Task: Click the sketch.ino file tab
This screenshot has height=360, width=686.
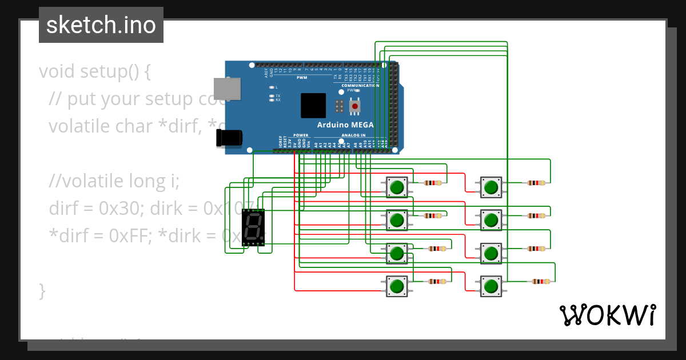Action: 101,25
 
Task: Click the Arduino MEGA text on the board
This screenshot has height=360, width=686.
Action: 345,125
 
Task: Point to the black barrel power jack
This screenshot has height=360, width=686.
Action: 229,138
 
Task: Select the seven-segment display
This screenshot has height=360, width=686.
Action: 253,227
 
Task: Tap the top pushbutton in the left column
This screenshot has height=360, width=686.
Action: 397,187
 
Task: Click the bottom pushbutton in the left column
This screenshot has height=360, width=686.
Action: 397,285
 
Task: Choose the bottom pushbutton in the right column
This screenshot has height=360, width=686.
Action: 490,285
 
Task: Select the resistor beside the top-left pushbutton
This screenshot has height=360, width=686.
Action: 433,183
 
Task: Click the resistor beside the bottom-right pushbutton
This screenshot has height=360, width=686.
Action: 540,281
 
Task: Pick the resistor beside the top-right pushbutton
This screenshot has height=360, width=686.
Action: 536,183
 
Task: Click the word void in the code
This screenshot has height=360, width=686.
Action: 57,72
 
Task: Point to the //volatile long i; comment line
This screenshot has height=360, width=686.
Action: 114,181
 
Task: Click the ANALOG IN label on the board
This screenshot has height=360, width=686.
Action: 353,135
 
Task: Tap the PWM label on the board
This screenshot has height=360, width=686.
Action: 302,78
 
